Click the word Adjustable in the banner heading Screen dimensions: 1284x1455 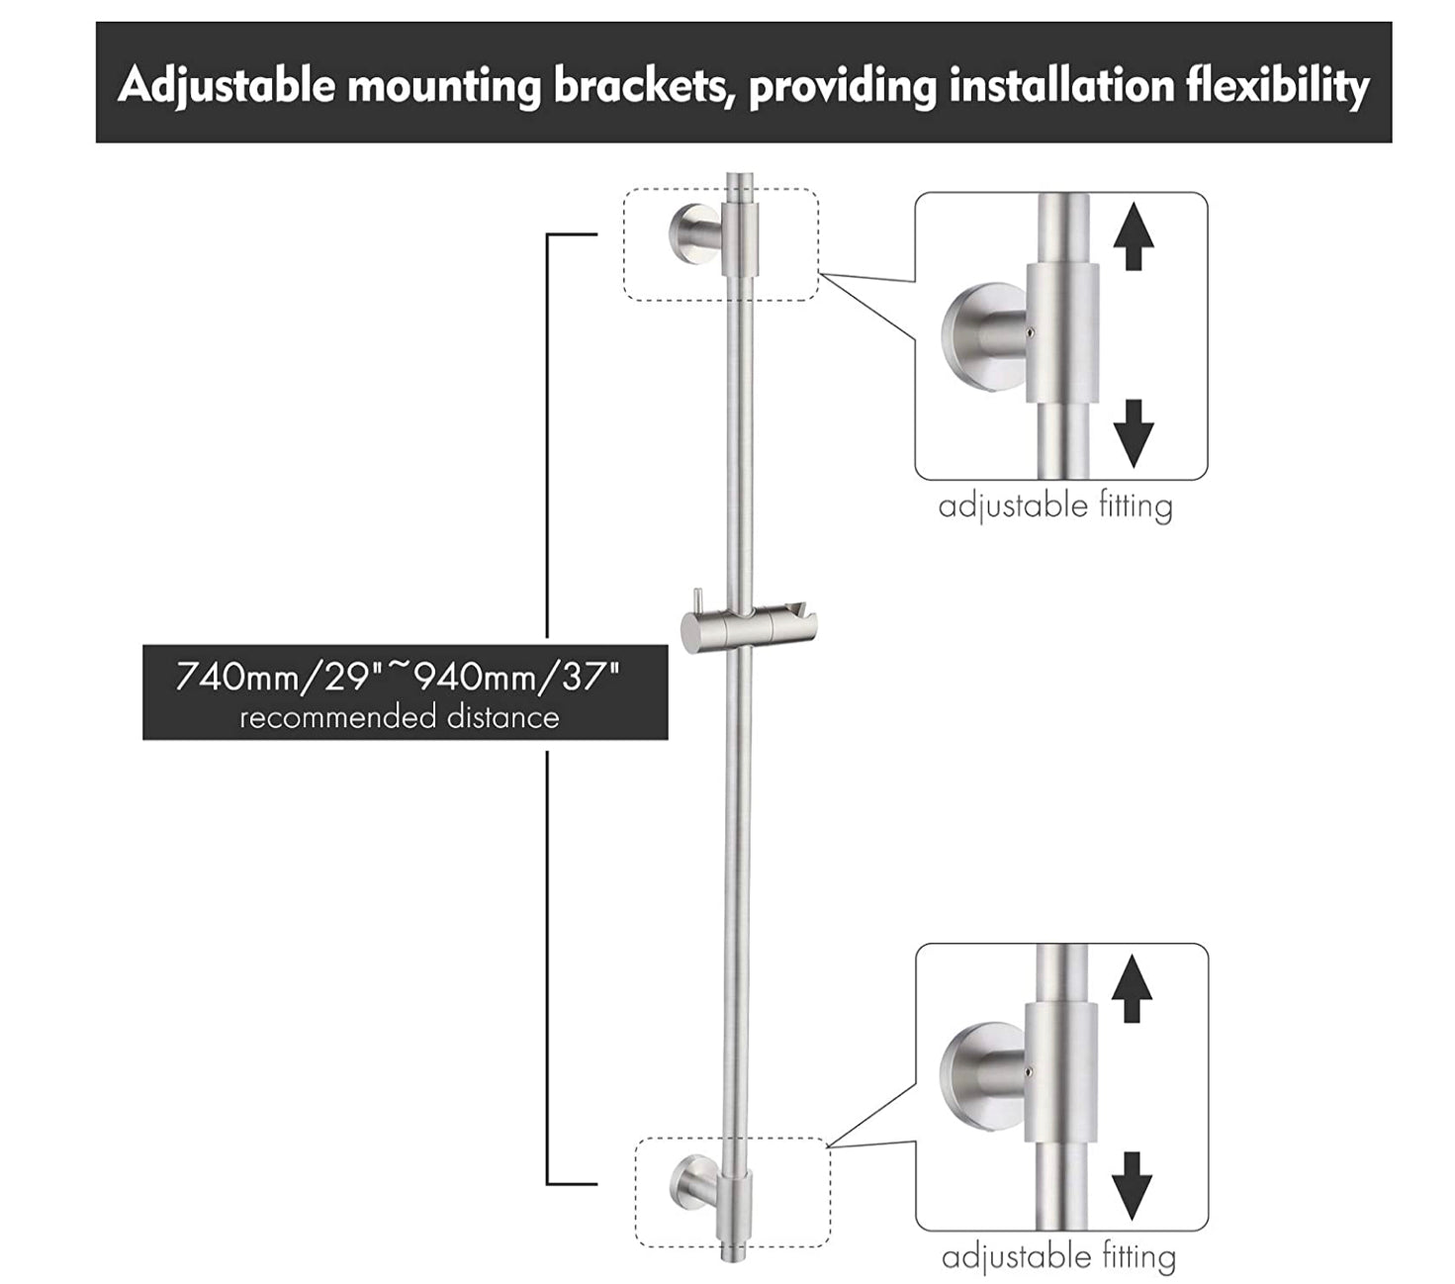pos(227,86)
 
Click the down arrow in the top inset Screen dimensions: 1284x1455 pos(1134,432)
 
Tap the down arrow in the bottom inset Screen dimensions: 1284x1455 pos(1133,1184)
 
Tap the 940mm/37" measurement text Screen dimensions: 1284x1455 pos(516,678)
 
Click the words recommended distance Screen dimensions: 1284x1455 pos(400,716)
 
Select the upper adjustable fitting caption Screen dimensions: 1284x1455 pos(1055,506)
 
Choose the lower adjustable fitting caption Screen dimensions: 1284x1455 pos(1058,1257)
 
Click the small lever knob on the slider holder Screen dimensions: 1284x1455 pos(698,601)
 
